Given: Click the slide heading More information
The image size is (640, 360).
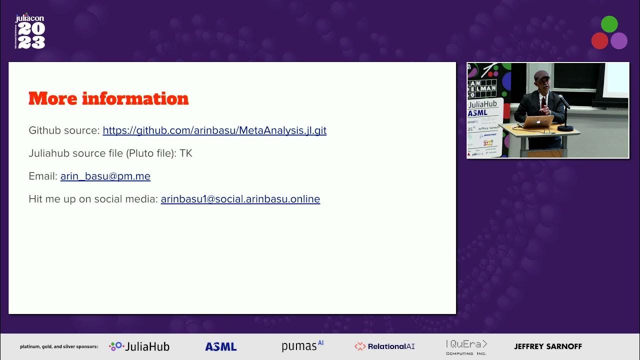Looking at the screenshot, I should click(108, 98).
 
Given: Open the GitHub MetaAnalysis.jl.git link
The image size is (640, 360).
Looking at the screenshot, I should click(214, 130).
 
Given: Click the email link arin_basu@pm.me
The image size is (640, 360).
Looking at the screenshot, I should click(105, 176).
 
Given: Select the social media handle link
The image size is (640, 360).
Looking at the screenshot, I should click(240, 199).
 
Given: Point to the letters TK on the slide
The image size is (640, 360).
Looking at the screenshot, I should click(186, 153).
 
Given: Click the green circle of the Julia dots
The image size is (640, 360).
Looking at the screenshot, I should click(609, 24).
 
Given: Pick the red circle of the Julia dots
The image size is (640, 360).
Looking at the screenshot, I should click(599, 40).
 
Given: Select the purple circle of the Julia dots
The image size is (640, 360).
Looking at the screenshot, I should click(619, 40).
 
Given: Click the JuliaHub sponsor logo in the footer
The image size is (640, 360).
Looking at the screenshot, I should click(139, 346).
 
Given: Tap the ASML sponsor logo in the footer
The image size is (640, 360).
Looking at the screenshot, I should click(220, 346).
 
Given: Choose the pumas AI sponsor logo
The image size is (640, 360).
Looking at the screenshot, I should click(302, 346).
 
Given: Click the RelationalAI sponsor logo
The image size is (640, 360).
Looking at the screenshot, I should click(384, 346).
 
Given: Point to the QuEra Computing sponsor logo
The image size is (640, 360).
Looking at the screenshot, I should click(466, 346).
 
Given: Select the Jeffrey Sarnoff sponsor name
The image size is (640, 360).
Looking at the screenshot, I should click(548, 346).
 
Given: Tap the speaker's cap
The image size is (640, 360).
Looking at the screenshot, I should click(541, 75).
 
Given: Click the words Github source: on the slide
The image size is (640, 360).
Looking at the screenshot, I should click(64, 130).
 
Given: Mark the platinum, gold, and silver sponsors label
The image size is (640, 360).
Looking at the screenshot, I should click(59, 346).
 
